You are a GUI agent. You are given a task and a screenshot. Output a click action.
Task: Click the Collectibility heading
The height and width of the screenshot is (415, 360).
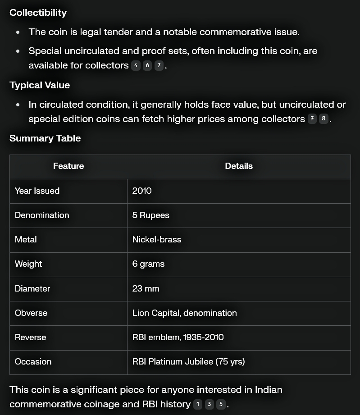coord(38,13)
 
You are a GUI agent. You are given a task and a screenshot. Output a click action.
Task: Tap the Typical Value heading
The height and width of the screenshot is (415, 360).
coord(40,85)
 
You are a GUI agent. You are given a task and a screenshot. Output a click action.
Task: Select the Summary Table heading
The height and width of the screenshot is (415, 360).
coord(45,138)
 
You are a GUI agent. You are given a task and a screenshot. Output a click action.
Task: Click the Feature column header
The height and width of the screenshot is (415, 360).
coord(68,166)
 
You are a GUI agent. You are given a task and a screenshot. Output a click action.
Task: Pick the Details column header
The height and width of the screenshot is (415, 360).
coord(239,166)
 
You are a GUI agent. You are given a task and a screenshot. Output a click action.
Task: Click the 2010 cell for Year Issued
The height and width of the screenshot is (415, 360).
coord(142,191)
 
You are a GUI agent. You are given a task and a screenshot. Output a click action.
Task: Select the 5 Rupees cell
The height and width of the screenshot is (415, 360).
coord(151,215)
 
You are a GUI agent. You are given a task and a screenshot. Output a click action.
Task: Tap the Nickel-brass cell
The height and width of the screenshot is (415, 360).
coord(157,239)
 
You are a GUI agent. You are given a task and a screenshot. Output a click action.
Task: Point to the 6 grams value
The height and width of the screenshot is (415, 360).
coord(148,264)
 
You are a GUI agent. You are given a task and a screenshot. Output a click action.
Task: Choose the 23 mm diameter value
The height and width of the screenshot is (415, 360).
coord(146,288)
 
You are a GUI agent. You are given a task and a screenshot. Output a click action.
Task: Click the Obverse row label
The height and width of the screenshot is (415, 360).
coord(31,313)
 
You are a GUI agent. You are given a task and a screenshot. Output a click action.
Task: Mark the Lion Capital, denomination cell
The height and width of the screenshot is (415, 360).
coord(184,313)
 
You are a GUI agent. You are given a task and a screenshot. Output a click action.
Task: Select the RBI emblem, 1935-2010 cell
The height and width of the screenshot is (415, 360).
coord(178,337)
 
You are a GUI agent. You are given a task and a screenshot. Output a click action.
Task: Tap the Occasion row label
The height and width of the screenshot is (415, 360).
coord(33,361)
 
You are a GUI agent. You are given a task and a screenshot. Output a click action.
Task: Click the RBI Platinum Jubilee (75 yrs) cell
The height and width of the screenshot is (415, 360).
coord(188,361)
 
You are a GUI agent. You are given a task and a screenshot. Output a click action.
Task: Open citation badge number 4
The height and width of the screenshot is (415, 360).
coord(136,66)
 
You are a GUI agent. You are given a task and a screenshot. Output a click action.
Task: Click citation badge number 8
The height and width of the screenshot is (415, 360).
coord(324,119)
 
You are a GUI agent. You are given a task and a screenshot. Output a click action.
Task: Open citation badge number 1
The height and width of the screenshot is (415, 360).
coord(197,404)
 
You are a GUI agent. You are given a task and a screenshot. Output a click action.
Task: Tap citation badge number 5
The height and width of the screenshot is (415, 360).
coord(221,404)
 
